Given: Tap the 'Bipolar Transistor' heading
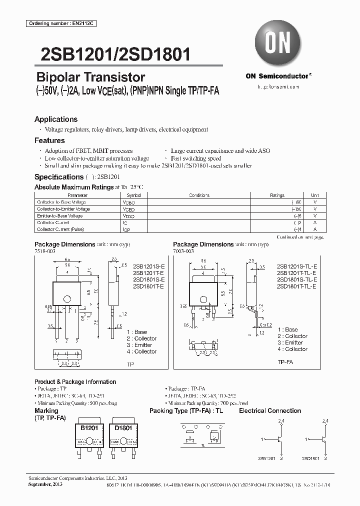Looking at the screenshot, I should (x=90, y=77).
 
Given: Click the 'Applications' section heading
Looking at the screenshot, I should (x=56, y=119).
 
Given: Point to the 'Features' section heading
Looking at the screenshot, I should (x=49, y=140).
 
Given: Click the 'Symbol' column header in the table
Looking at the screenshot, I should (x=134, y=195).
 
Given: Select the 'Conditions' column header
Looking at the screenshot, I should (x=199, y=195).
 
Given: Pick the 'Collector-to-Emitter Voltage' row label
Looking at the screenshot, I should (x=63, y=209).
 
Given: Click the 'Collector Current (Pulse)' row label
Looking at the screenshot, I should (x=60, y=229).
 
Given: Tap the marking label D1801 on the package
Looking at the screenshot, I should (x=123, y=428).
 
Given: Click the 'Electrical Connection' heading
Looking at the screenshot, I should (x=270, y=411).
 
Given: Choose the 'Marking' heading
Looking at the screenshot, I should (x=46, y=411).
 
